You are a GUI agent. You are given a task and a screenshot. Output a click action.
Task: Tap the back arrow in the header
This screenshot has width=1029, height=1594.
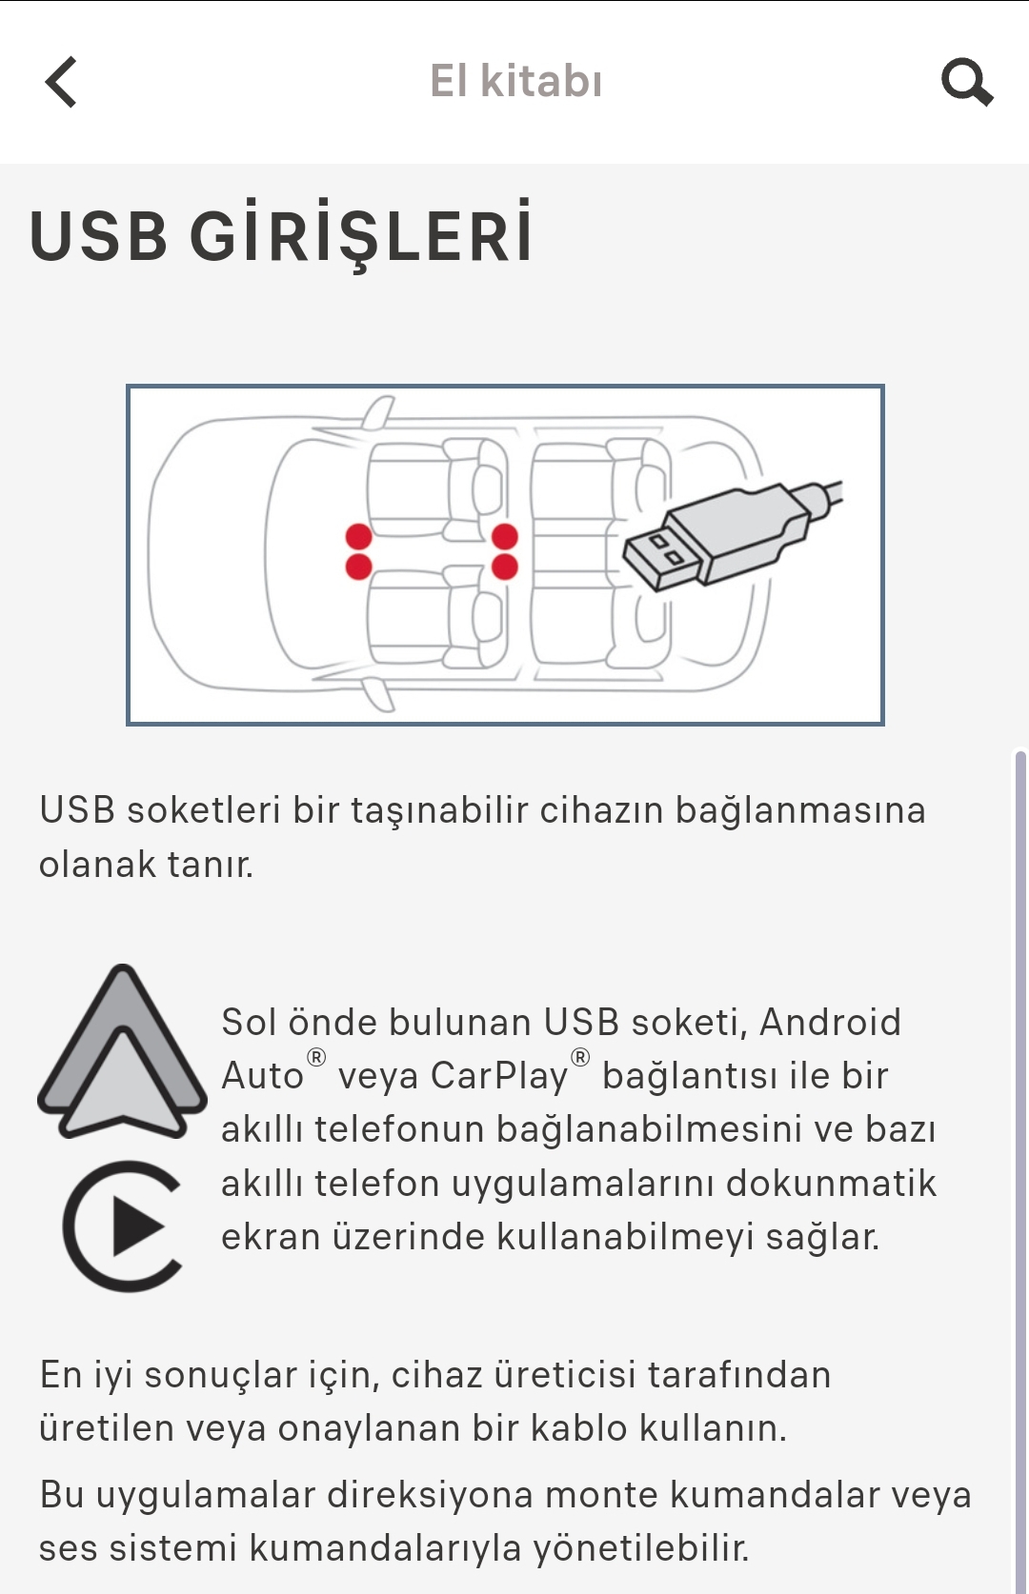coord(61,82)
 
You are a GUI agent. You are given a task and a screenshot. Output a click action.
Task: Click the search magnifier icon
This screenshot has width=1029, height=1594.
coord(966,82)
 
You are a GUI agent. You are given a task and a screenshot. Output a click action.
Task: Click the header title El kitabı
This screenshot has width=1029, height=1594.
coord(516,80)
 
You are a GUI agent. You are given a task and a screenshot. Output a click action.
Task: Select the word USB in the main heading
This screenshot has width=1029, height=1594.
coord(98,235)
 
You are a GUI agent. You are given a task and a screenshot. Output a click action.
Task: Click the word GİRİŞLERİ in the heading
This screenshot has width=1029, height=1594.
coord(361,234)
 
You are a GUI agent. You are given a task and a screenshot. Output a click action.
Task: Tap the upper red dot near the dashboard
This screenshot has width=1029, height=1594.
coord(359,536)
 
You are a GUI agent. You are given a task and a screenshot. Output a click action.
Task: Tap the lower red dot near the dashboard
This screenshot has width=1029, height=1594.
coord(359,567)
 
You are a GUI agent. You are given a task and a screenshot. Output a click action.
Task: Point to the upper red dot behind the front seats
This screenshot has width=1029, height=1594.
coord(505,536)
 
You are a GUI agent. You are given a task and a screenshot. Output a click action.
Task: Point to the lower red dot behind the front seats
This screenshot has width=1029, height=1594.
coord(505,567)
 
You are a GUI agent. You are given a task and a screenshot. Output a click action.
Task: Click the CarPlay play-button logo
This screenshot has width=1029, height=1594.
coord(123,1226)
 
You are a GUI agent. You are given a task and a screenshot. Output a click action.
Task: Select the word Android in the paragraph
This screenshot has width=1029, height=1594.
coord(830,1022)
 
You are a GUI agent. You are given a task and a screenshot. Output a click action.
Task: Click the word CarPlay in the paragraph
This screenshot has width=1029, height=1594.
coord(498,1075)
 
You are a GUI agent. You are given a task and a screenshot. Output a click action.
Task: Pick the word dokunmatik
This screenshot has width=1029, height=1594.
coord(831,1183)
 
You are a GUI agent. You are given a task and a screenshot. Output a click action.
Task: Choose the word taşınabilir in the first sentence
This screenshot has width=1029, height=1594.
coord(439,810)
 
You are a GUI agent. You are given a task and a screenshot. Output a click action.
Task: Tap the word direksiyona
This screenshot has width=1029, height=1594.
coord(430,1494)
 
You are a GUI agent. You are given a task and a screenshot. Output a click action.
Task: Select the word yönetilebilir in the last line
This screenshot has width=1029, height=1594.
coord(641,1547)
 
